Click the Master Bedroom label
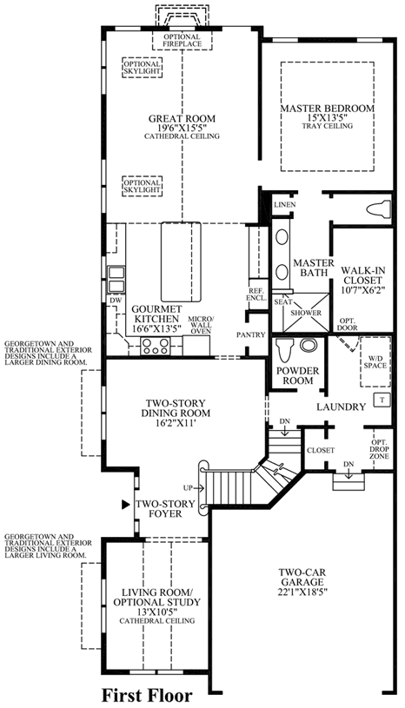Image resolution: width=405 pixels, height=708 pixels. [x=327, y=109]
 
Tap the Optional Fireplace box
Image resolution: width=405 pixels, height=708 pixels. [x=183, y=40]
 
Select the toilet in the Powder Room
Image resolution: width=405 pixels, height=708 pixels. [x=284, y=349]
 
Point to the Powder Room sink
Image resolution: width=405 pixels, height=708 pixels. [x=309, y=347]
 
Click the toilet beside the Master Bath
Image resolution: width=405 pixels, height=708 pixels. [x=378, y=210]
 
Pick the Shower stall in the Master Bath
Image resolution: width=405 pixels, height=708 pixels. [x=305, y=313]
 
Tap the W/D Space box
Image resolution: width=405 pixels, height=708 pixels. [x=375, y=361]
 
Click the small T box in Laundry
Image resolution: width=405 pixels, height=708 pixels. [x=382, y=400]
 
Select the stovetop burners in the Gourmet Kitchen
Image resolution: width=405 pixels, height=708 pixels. [x=155, y=347]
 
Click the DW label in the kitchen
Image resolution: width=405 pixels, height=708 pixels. [x=112, y=300]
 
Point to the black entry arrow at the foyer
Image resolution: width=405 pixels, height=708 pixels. [x=126, y=505]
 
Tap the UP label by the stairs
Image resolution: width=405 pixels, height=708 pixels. [x=189, y=487]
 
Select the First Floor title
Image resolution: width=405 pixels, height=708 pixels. [x=146, y=695]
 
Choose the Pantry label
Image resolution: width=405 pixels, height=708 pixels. [x=250, y=334]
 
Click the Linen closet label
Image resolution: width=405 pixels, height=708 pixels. [x=284, y=204]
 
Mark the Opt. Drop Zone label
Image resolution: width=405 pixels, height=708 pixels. [x=379, y=449]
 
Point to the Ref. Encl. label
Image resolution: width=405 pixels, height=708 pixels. [x=257, y=294]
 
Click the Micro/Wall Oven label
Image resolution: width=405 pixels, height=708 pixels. [x=200, y=325]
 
